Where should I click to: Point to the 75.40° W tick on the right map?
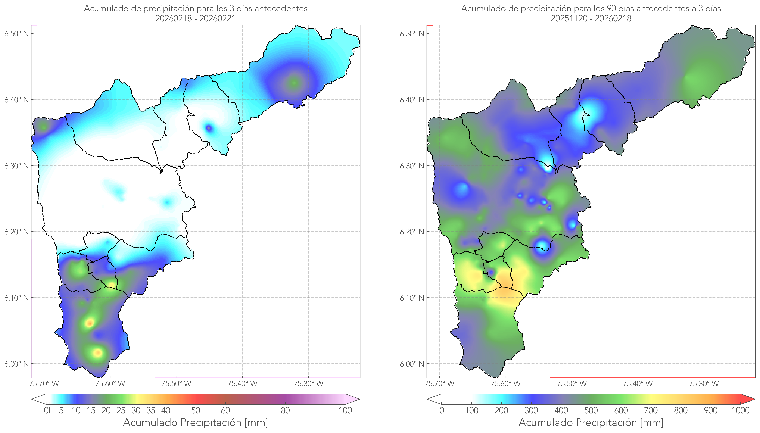[x=638, y=384]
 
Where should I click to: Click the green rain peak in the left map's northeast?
[x=294, y=83]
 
